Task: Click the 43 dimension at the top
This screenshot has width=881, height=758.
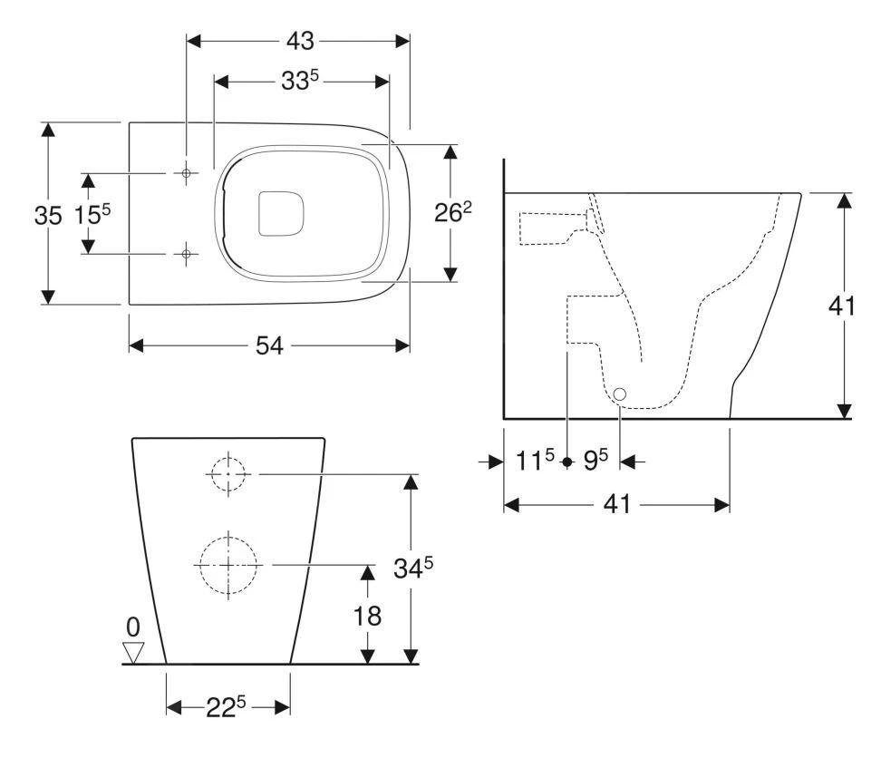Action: [x=299, y=40]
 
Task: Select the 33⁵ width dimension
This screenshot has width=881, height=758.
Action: [x=299, y=82]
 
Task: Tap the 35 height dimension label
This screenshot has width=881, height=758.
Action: [x=48, y=216]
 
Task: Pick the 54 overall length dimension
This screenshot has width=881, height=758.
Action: [x=270, y=345]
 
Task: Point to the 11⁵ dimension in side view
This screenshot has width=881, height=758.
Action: [x=536, y=462]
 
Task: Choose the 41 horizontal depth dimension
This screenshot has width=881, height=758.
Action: [x=616, y=504]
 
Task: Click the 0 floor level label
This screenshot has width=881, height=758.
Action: [x=133, y=626]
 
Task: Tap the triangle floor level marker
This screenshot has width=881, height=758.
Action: [x=133, y=652]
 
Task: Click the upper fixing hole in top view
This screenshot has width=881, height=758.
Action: [x=186, y=172]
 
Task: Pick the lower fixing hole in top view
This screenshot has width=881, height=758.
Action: [x=186, y=255]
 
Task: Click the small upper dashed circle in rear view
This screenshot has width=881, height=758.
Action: [x=228, y=473]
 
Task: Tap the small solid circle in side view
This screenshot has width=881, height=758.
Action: [x=620, y=394]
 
